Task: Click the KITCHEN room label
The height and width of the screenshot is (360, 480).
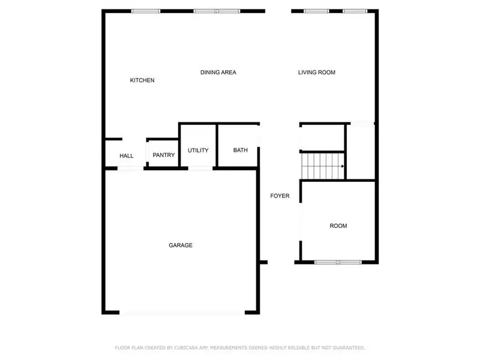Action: [142, 80]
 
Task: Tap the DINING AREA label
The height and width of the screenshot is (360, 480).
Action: [218, 73]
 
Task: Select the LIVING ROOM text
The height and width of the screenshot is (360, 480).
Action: [316, 73]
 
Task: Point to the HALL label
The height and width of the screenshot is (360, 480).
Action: [126, 156]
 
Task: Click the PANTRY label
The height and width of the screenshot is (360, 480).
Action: [163, 155]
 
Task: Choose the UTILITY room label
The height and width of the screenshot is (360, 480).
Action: [198, 151]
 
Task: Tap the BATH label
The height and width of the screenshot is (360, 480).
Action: [240, 151]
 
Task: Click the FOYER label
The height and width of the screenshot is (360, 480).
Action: [280, 196]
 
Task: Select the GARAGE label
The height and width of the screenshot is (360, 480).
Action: [180, 245]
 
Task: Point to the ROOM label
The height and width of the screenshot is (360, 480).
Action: [338, 226]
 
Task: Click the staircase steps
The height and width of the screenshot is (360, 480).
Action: [321, 166]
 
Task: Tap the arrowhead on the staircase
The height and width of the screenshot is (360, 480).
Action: [342, 166]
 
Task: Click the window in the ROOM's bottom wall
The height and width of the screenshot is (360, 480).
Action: [338, 262]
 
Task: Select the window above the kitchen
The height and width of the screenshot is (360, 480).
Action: [145, 11]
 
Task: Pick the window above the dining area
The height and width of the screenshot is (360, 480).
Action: [217, 11]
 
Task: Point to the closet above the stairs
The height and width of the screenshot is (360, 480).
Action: [322, 137]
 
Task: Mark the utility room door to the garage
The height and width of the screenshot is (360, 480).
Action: [201, 169]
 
